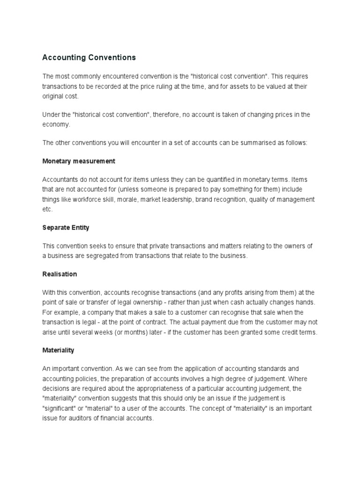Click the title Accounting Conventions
[89, 58]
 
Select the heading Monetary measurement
[79, 161]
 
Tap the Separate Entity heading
[66, 227]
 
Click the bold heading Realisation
[60, 274]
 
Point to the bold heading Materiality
[58, 350]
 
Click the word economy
[56, 124]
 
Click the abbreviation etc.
[47, 209]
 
